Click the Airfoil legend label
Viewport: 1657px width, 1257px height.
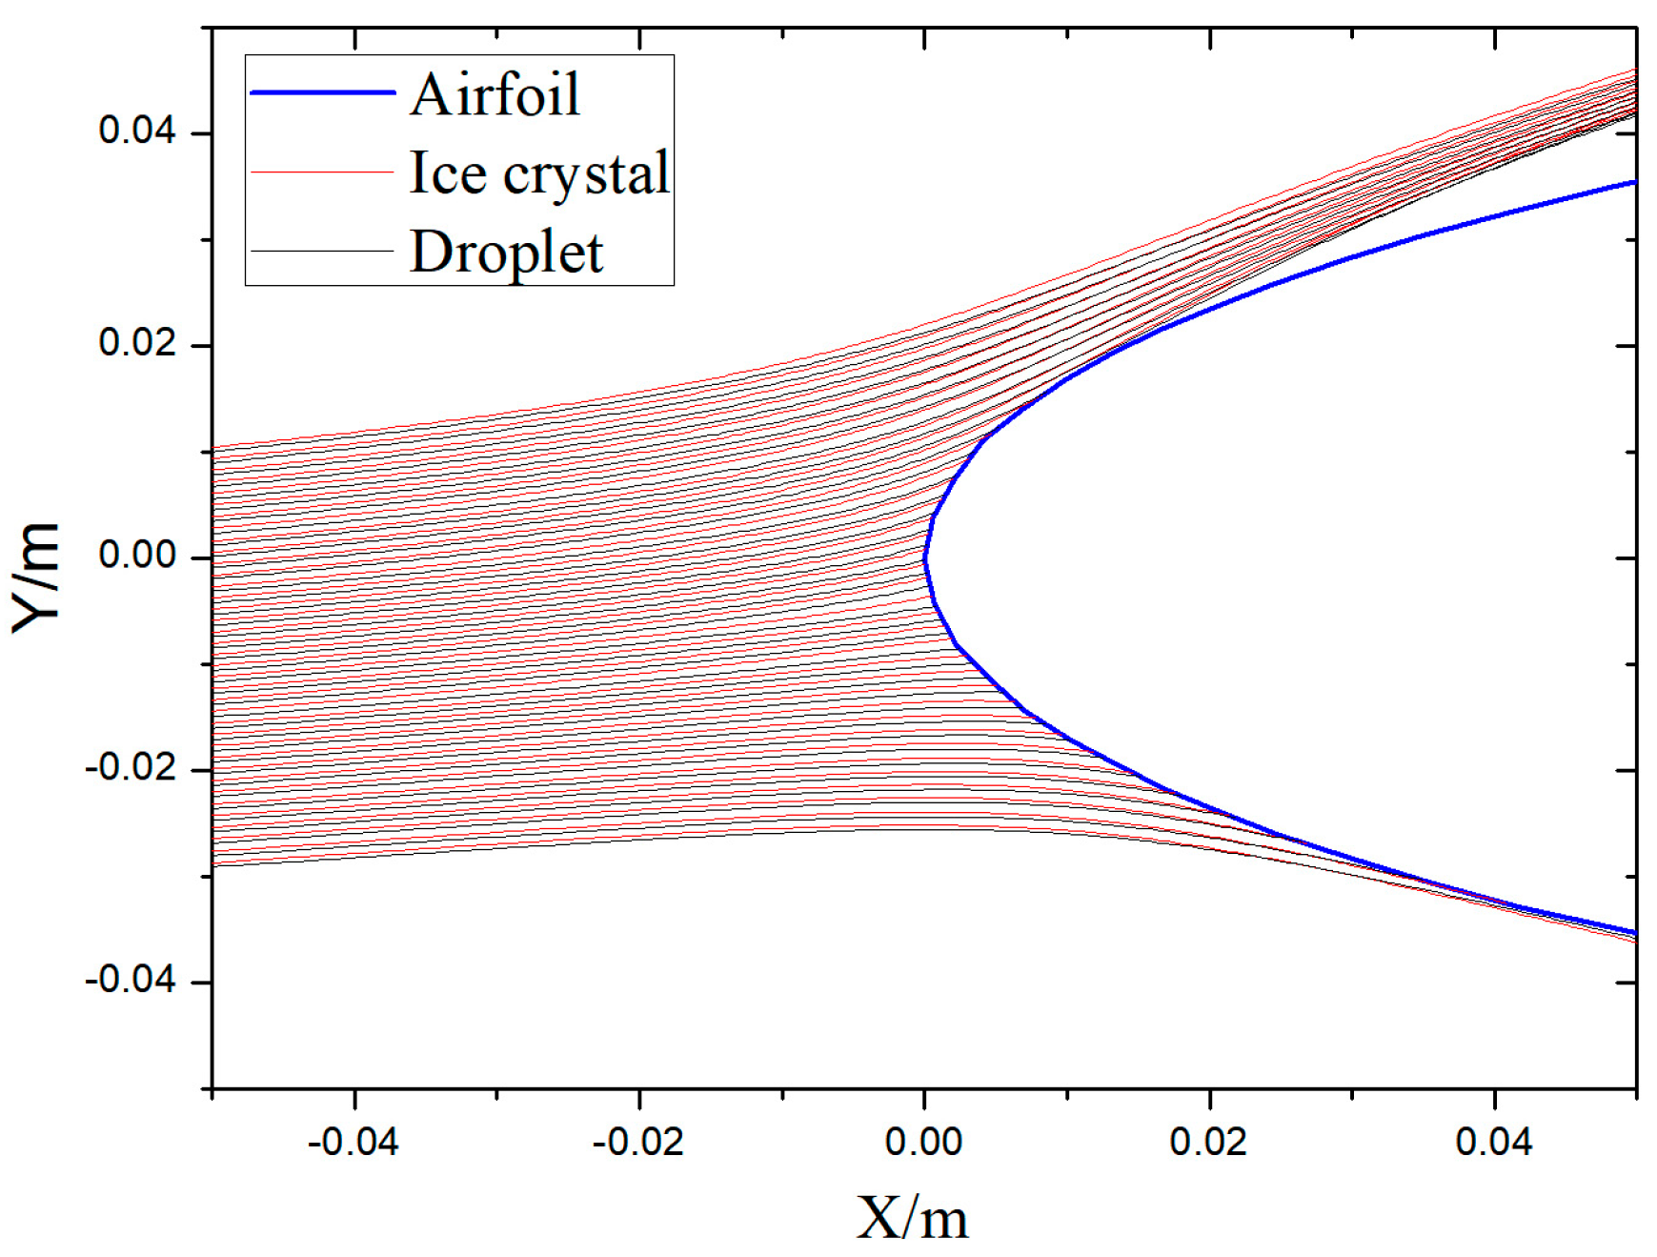(495, 94)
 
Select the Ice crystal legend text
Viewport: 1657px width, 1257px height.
(539, 172)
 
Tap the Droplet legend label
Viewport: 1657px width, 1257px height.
(506, 253)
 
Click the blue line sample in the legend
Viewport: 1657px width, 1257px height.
(322, 92)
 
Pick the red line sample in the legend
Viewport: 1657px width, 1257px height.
(322, 172)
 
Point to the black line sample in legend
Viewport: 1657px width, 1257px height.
(322, 251)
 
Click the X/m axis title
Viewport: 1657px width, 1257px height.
(912, 1217)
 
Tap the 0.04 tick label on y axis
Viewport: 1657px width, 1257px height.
(138, 130)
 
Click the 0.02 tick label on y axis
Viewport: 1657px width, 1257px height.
(138, 342)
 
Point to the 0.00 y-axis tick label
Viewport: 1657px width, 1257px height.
(138, 555)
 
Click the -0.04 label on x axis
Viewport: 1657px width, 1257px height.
(354, 1141)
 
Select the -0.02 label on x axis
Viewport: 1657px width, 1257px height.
(638, 1141)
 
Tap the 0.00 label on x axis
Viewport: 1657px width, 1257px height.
(923, 1141)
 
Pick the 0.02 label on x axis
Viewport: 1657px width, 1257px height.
(1208, 1141)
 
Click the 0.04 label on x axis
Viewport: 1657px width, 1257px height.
(1493, 1141)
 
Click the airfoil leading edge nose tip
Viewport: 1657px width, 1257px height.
(924, 559)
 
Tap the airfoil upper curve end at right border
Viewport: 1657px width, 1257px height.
(1633, 182)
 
